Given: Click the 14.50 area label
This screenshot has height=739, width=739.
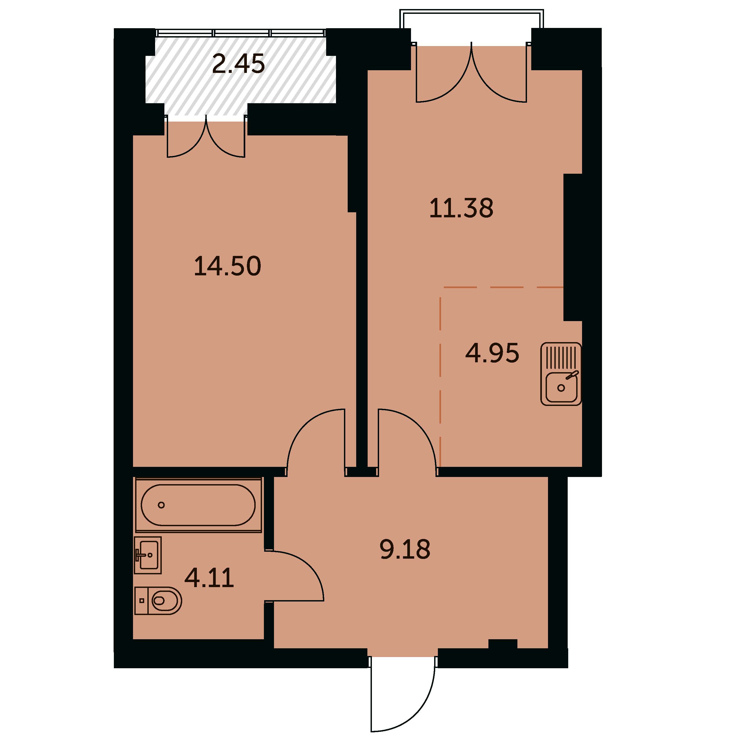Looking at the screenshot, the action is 228,266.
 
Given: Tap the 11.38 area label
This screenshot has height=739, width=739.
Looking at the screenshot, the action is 461,208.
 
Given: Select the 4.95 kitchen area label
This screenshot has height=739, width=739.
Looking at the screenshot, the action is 492,353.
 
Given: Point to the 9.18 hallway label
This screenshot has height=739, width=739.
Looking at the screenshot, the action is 405,549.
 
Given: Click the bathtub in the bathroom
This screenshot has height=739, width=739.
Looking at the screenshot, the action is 198,505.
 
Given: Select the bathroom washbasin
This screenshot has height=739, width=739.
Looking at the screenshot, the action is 148,555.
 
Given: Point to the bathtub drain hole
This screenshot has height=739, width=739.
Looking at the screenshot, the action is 161,505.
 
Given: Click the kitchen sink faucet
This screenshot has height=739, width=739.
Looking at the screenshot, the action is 572,375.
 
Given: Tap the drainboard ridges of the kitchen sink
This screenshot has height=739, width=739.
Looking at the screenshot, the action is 561,356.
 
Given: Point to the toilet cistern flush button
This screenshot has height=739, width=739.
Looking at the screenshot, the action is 142,600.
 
